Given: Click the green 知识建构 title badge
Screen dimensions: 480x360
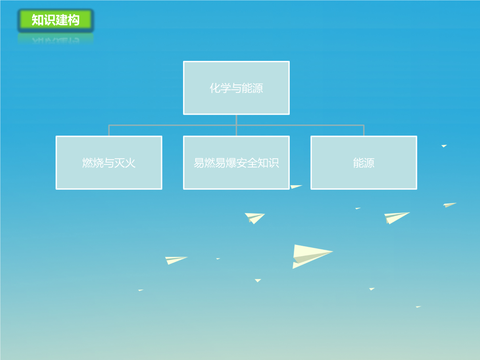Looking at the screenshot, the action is (x=56, y=20).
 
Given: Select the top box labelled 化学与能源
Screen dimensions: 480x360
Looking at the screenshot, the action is (x=236, y=88).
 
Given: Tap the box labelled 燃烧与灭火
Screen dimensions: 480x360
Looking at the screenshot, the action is (x=109, y=163).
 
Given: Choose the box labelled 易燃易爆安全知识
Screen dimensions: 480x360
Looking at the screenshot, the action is (x=236, y=163).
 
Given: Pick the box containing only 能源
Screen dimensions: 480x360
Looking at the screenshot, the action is (x=364, y=163).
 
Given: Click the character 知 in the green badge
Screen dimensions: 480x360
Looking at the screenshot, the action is (x=37, y=20).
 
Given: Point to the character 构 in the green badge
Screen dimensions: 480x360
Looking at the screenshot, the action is (x=74, y=20).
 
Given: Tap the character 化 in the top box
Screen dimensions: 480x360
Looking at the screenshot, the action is (x=215, y=88).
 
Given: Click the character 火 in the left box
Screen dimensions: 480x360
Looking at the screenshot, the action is (x=130, y=163).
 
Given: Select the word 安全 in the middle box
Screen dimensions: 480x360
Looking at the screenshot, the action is (x=247, y=163).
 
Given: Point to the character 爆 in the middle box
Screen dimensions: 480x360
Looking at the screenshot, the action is (x=231, y=163).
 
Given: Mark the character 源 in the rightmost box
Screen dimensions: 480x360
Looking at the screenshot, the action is (x=369, y=163).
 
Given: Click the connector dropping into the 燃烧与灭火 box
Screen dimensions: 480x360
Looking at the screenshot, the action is (x=109, y=130).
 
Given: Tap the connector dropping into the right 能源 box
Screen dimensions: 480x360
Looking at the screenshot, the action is (x=364, y=130).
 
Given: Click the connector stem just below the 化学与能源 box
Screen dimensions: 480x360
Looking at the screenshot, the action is (x=236, y=120).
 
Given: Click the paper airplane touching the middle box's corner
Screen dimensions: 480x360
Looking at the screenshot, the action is (x=295, y=186).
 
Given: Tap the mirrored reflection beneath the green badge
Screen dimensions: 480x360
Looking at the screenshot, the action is (x=56, y=39).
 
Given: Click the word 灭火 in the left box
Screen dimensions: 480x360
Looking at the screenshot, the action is (x=125, y=163).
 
